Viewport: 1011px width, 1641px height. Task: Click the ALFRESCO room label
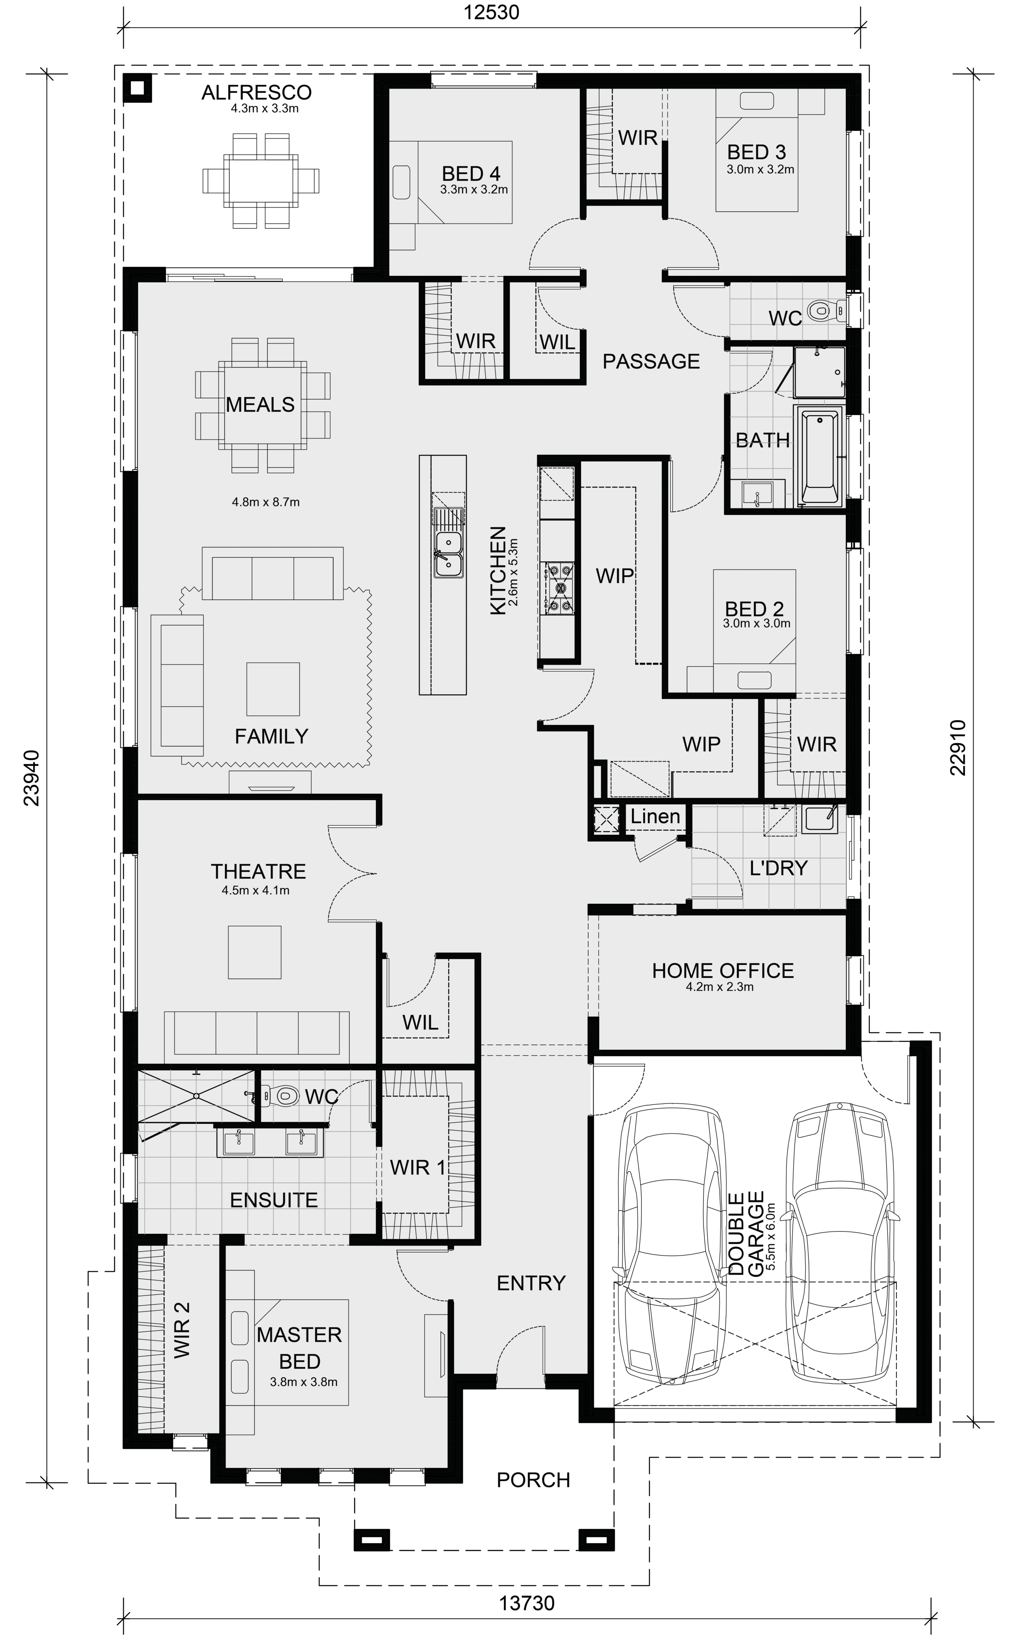click(257, 92)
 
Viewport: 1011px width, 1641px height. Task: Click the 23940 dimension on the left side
click(32, 777)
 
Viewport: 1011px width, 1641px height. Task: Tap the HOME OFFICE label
click(723, 970)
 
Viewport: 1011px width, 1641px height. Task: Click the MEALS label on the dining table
click(260, 405)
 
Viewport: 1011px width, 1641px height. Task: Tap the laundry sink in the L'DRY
click(820, 819)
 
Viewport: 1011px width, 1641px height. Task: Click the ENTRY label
click(531, 1283)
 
